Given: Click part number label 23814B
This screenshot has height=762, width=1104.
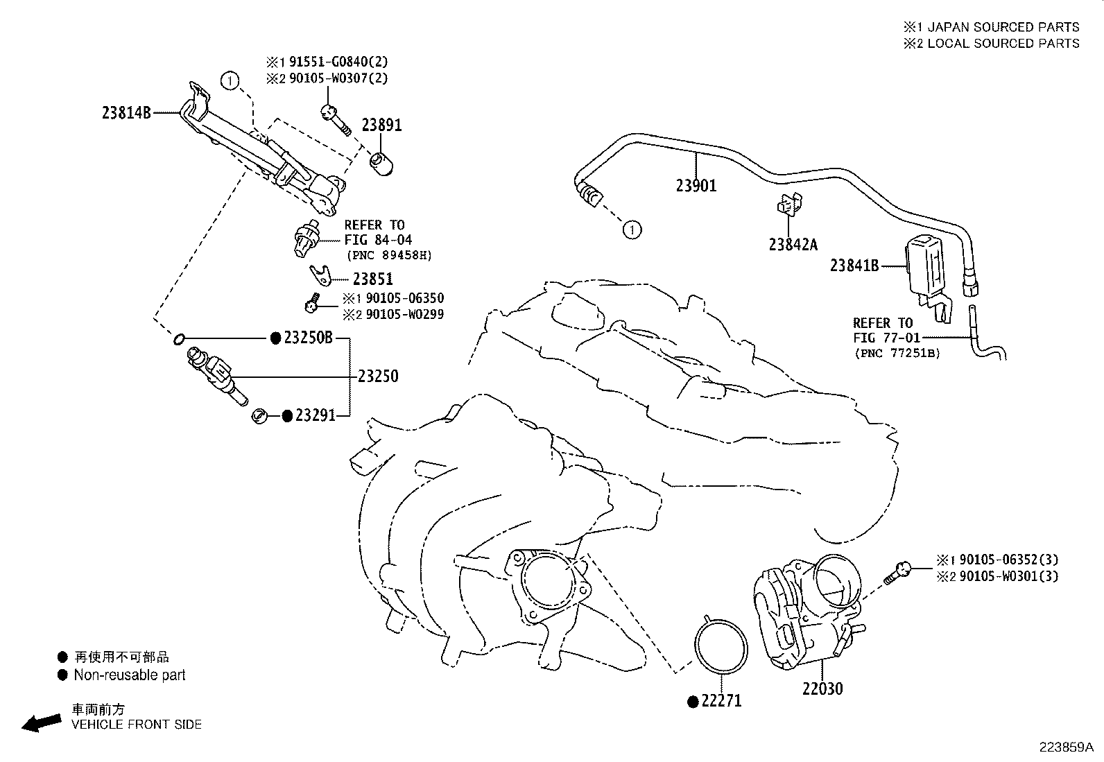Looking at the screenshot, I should click(126, 112).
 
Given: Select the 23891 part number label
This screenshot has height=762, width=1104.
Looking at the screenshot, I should click(381, 125).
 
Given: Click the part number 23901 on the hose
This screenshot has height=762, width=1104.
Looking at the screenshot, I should click(696, 186).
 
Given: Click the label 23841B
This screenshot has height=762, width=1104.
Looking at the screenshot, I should click(854, 266).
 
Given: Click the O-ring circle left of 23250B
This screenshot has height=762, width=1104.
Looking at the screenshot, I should click(178, 339).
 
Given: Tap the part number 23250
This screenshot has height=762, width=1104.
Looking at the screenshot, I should click(378, 376).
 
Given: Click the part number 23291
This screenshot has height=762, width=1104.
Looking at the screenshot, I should click(315, 415).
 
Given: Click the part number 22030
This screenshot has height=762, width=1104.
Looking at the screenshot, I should click(822, 689).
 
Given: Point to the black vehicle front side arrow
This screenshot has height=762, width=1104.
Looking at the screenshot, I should click(41, 722).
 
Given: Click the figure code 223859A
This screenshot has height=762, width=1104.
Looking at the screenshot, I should click(1065, 747).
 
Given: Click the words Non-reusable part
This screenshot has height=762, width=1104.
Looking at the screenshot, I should click(130, 675).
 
